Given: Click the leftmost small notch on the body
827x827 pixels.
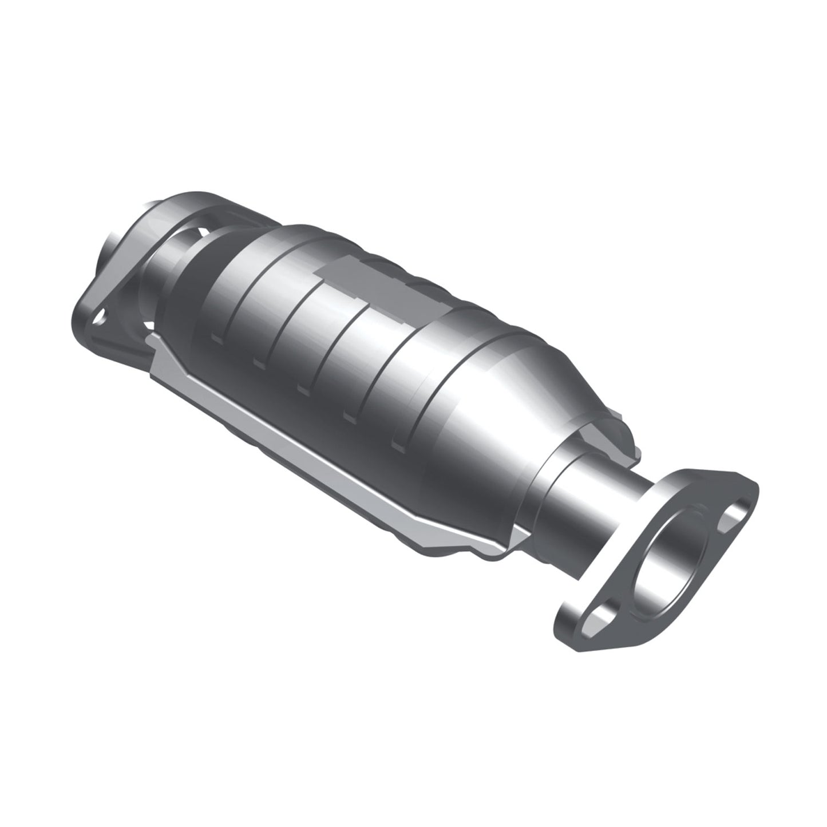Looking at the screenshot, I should [216, 338].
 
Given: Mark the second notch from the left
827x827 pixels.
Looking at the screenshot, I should [259, 362].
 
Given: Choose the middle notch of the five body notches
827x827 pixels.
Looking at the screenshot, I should [303, 387].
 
